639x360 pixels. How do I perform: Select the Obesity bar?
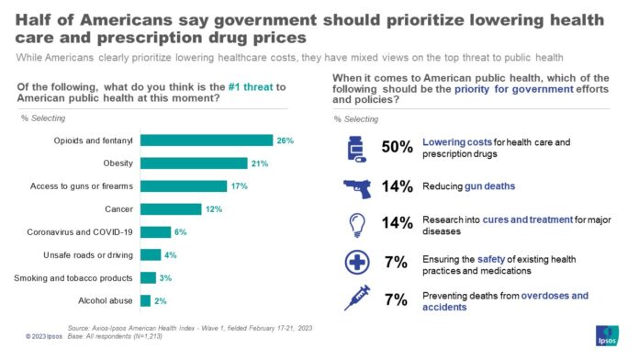click(x=194, y=163)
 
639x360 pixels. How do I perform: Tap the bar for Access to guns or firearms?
click(x=184, y=186)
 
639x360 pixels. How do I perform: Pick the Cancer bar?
click(x=170, y=209)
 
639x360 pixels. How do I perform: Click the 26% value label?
click(x=286, y=141)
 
